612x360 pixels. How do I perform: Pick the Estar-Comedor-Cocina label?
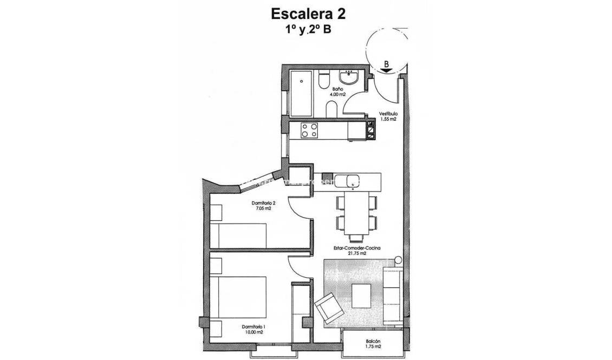357,250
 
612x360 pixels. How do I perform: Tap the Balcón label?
373,342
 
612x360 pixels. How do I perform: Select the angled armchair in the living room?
328,307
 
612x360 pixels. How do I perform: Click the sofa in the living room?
392,294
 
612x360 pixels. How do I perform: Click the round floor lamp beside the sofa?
398,260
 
